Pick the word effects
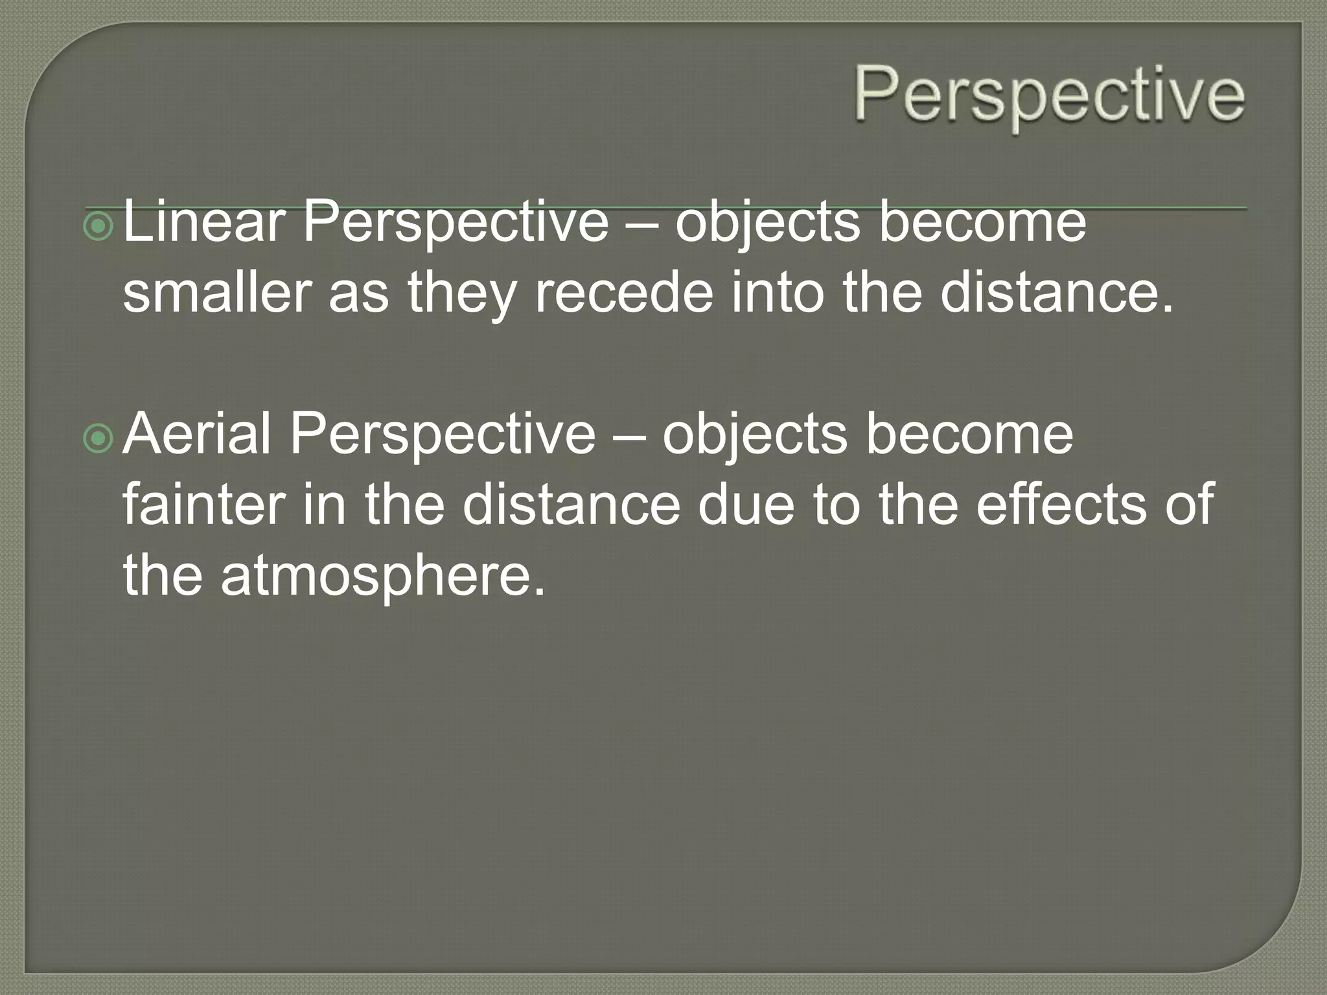[1061, 505]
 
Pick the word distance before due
[571, 505]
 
